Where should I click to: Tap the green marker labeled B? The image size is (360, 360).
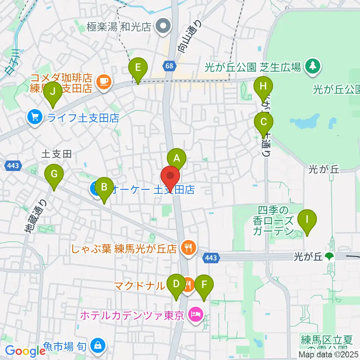(x=105, y=187)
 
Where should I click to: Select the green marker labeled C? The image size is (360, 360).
(x=264, y=122)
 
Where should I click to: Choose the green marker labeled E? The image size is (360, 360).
(x=138, y=68)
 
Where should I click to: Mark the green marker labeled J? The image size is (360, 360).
(x=53, y=91)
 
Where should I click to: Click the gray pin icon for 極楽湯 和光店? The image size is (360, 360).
(x=163, y=27)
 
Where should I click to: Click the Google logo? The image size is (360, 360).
(x=25, y=351)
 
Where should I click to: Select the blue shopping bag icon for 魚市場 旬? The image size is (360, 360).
(x=98, y=344)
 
